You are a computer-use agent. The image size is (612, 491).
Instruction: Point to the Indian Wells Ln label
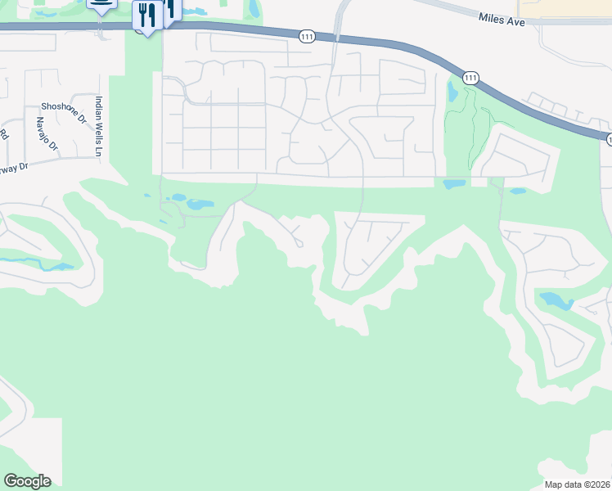point(99,126)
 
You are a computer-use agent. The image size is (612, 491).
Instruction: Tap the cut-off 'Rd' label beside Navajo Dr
point(4,134)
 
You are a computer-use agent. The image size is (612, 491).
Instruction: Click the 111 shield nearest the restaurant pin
point(307,36)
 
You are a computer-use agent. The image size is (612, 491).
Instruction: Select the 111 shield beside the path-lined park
point(470,78)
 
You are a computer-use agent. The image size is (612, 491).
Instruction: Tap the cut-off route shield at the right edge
point(609,140)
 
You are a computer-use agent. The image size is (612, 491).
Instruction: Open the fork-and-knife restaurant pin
point(146,16)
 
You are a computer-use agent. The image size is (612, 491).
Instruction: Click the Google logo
point(27,481)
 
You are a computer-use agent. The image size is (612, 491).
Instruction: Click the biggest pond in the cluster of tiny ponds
point(200,204)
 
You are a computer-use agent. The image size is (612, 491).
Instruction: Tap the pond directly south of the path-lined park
point(454,184)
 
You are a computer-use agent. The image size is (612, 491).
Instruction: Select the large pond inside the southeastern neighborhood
point(556,300)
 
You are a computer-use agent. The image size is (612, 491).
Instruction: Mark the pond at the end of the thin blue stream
point(60,266)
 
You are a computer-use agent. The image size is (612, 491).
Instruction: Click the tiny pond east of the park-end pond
point(517,191)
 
